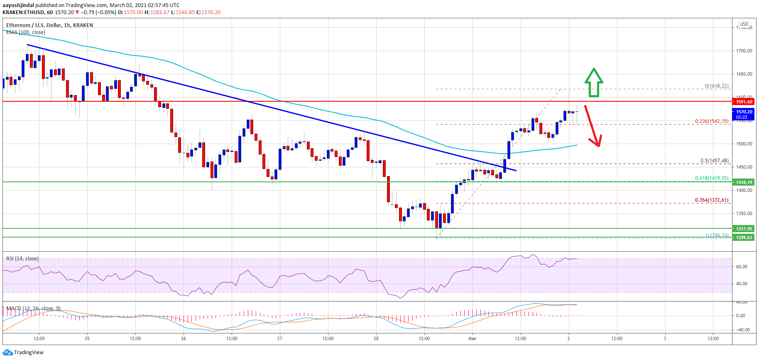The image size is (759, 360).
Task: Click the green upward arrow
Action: (x=594, y=83)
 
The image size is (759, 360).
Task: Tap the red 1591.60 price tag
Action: (x=744, y=102)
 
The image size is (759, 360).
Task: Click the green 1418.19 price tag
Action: (x=744, y=182)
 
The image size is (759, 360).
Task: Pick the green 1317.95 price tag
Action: (x=744, y=229)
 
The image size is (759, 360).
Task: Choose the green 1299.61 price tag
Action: (x=744, y=238)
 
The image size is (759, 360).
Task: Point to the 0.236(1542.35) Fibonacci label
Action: (x=712, y=121)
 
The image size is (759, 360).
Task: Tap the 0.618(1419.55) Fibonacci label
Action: (x=712, y=178)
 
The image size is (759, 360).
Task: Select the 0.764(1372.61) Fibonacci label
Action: (x=712, y=200)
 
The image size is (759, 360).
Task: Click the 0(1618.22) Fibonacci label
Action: (x=716, y=86)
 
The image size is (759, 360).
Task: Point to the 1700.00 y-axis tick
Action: (x=744, y=51)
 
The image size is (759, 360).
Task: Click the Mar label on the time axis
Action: (x=472, y=338)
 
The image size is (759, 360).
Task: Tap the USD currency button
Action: (x=744, y=24)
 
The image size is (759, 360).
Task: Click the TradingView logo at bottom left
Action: (x=23, y=353)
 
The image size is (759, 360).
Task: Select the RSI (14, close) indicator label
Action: (x=22, y=259)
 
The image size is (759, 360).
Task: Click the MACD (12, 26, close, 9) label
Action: (x=34, y=309)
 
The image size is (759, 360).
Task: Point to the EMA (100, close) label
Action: (x=26, y=32)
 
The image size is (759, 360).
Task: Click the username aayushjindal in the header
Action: (x=18, y=5)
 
